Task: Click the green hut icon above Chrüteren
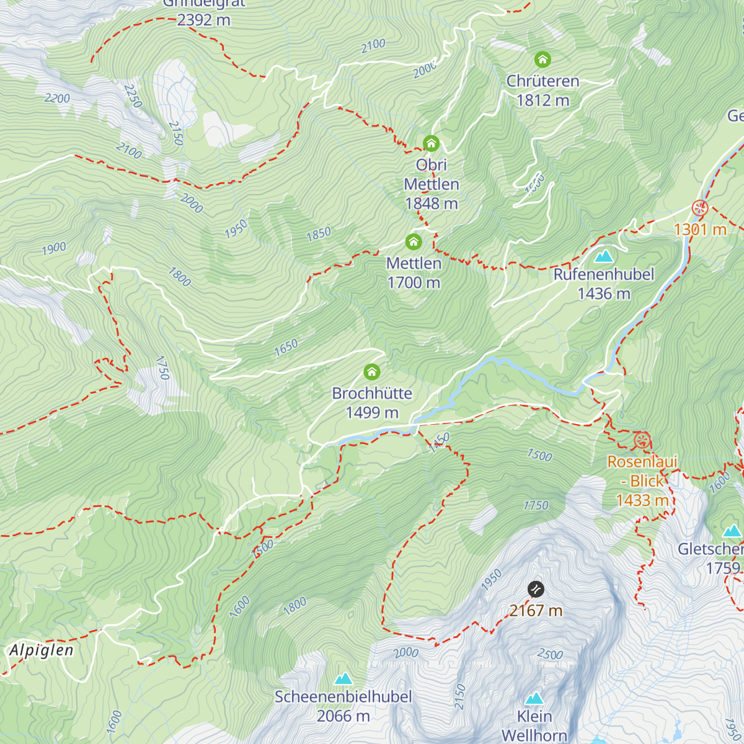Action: tap(542, 60)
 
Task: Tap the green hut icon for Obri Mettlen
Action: tap(431, 144)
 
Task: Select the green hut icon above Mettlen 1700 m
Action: tap(414, 242)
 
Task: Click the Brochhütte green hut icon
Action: tap(371, 371)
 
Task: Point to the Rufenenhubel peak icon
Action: tap(603, 255)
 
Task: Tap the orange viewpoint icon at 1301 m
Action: tap(700, 208)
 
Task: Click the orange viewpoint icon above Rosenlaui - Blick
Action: tap(642, 441)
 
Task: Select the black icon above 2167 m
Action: tap(536, 589)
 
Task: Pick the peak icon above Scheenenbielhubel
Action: tap(343, 678)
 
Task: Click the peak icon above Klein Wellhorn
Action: tap(534, 699)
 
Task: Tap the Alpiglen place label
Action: tap(42, 650)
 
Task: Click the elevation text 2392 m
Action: tap(203, 20)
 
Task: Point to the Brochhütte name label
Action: tap(372, 393)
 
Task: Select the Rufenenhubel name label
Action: tap(603, 274)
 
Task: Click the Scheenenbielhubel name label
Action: tap(343, 697)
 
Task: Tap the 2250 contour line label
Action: tap(133, 95)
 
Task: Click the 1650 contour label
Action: tap(286, 347)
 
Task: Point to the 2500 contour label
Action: tap(549, 654)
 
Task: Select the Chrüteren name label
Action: tap(542, 81)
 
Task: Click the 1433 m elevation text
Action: tap(642, 500)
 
